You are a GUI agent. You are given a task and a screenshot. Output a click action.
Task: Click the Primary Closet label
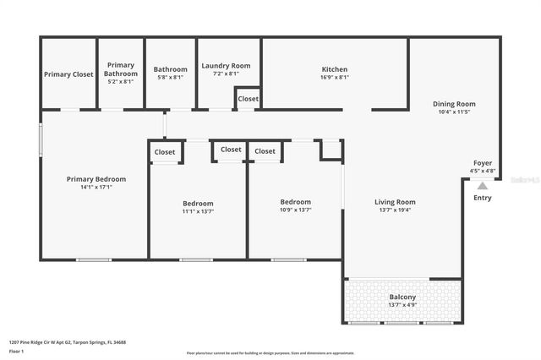68,74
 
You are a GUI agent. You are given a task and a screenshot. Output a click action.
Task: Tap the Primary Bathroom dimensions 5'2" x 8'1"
121,82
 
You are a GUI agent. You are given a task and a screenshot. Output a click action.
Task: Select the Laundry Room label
226,66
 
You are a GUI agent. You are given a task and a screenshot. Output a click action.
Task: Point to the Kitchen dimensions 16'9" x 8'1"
335,78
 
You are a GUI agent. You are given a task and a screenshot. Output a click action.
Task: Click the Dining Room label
454,104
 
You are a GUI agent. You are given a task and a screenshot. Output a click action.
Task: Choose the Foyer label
483,163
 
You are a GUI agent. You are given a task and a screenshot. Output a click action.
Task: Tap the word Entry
483,198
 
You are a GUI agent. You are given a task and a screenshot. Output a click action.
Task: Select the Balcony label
402,297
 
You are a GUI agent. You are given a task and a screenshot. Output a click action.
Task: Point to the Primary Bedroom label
96,179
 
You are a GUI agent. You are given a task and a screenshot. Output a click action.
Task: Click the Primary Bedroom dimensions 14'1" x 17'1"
96,188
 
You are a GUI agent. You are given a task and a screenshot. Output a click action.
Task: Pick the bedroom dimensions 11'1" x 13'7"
198,211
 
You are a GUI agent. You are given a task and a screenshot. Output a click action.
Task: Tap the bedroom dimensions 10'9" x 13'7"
296,210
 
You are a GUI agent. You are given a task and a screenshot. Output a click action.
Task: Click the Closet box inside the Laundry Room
249,99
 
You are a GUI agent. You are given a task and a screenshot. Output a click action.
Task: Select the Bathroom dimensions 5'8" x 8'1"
170,78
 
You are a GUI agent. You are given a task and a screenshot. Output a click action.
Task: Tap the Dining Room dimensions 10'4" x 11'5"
454,112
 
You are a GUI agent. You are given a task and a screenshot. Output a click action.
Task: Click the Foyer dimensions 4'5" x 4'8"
483,171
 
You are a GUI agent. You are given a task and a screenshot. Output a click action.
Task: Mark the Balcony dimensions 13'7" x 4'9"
402,305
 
